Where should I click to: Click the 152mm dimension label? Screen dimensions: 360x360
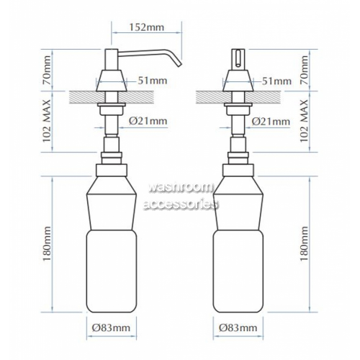point(147,27)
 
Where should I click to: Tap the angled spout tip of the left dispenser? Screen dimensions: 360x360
point(179,65)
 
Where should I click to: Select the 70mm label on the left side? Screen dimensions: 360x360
point(47,70)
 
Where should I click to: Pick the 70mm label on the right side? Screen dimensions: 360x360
point(304,70)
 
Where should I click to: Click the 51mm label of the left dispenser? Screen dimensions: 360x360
point(153,81)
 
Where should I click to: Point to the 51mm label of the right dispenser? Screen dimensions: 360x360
point(276,81)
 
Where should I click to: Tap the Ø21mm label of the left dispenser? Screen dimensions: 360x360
point(148,121)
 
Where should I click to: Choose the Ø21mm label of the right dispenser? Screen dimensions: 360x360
point(271,122)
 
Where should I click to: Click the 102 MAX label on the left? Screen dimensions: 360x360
point(47,122)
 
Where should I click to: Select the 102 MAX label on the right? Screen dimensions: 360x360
point(304,122)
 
